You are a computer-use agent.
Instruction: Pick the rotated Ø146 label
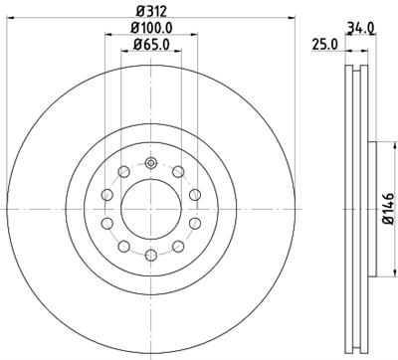(x=389, y=209)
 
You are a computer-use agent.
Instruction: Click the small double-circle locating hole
(x=149, y=165)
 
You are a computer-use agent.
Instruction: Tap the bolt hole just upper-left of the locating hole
(x=122, y=173)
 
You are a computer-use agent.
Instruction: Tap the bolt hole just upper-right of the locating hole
(x=176, y=173)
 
